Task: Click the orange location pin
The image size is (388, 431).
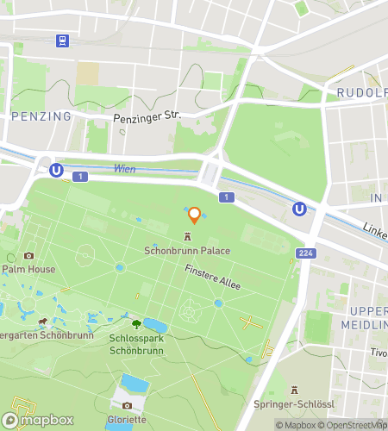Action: (x=194, y=215)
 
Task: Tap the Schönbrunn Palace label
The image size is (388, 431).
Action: (x=187, y=250)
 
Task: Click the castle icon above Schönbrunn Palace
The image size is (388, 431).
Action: (x=187, y=236)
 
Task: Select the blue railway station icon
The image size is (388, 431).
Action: (x=62, y=41)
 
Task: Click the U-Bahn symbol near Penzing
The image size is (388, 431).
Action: (x=56, y=171)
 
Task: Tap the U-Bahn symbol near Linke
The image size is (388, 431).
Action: (x=299, y=209)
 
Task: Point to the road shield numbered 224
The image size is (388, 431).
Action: (x=304, y=253)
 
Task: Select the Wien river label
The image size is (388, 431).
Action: (x=124, y=169)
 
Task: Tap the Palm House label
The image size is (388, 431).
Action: (x=28, y=269)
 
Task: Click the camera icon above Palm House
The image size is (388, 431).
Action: (x=28, y=255)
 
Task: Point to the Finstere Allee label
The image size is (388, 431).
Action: (x=212, y=277)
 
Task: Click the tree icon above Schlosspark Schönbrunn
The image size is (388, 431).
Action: (x=137, y=323)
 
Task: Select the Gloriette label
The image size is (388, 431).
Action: (x=127, y=419)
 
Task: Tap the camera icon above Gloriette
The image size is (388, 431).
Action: (x=127, y=405)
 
